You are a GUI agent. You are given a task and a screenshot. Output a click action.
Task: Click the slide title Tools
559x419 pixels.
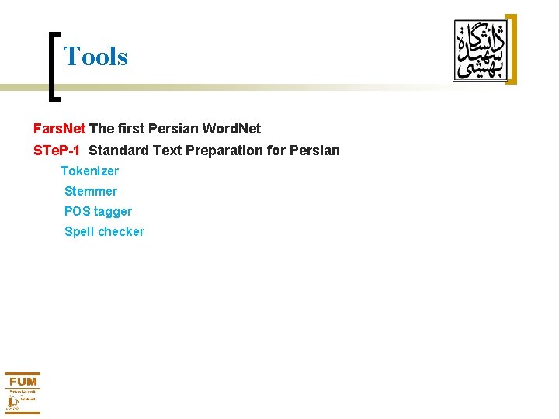tap(95, 56)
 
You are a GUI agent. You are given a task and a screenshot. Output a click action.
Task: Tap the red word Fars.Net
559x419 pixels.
tap(59, 129)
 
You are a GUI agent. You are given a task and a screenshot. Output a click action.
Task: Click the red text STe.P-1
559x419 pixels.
tap(57, 151)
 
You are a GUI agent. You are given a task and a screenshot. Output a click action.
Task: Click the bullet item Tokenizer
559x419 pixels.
tap(90, 171)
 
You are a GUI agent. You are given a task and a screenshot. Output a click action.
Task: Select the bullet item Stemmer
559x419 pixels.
tap(91, 191)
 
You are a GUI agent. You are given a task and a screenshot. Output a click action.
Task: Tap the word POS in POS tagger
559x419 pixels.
tap(77, 211)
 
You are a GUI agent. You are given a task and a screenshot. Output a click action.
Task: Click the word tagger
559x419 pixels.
tap(113, 212)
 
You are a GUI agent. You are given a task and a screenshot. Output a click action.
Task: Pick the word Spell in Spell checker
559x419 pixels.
tap(78, 231)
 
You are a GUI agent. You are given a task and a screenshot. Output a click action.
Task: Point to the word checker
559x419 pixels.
tap(120, 231)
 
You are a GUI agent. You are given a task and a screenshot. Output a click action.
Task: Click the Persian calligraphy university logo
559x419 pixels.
tap(478, 50)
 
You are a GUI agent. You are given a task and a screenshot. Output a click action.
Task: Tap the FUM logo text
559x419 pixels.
tap(23, 381)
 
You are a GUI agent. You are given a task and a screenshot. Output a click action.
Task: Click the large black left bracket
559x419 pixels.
tap(53, 66)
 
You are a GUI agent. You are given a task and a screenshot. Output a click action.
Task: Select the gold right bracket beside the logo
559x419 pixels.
tap(511, 48)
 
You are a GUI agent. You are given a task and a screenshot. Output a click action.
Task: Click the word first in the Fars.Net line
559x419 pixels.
tap(131, 129)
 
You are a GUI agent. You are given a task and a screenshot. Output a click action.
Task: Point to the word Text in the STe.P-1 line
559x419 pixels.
tap(167, 151)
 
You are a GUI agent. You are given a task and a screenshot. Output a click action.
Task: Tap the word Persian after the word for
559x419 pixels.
tap(314, 151)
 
